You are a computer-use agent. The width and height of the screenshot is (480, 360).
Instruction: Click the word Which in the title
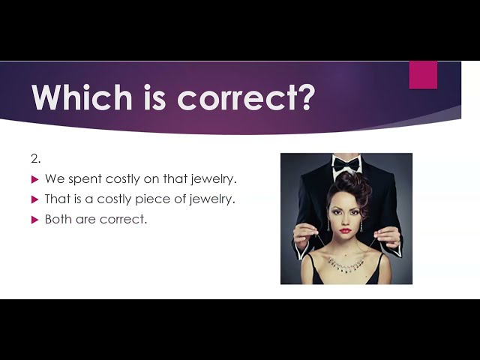point(82,97)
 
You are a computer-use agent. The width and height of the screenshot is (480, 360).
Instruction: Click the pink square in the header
point(423,75)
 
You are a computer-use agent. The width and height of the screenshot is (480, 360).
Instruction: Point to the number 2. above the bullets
point(36,159)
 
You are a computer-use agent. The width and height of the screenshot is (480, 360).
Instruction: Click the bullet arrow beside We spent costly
point(35,179)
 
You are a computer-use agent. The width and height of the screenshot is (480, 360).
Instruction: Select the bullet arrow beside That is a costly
point(35,199)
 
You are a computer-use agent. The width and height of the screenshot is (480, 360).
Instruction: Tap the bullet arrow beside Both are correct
point(35,220)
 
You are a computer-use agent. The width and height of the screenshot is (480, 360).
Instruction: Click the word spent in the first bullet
point(85,179)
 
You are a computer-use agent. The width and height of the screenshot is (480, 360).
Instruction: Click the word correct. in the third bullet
point(123,220)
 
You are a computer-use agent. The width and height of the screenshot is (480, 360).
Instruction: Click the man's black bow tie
point(346,165)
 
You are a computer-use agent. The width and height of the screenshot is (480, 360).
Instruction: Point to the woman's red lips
point(345,230)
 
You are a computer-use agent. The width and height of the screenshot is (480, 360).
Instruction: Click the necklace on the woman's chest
point(346,265)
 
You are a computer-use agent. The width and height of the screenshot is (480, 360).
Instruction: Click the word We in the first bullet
point(55,178)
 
